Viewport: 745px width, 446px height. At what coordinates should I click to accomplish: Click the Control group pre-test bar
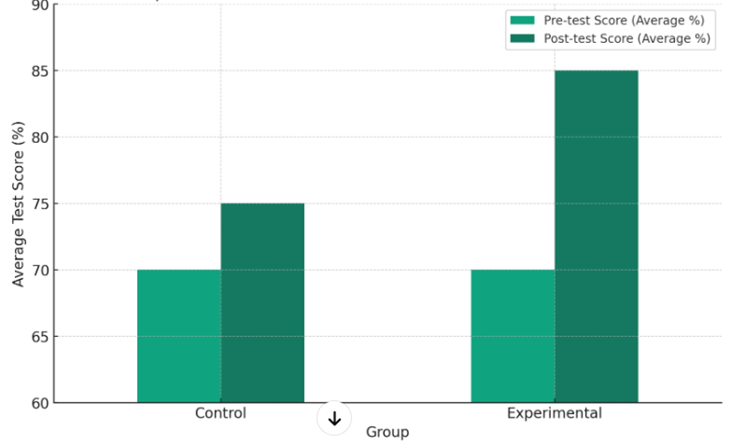tap(178, 336)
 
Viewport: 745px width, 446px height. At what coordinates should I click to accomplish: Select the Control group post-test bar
tap(262, 303)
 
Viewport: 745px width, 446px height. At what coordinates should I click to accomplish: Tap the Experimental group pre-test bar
tap(513, 336)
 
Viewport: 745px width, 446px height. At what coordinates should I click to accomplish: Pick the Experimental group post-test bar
tap(596, 237)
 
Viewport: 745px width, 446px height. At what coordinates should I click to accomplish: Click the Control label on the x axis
tap(220, 413)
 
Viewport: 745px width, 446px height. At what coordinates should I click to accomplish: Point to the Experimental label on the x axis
tap(555, 413)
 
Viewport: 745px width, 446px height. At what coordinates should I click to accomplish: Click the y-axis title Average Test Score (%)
tap(19, 203)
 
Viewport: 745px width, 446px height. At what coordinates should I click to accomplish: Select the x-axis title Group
tap(387, 432)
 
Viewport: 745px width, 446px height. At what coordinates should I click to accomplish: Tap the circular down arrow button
tap(334, 418)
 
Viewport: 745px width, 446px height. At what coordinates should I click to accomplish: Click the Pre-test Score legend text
tap(624, 21)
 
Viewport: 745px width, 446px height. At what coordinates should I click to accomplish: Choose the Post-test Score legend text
tap(626, 38)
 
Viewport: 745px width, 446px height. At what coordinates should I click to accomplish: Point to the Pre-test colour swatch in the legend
tap(522, 21)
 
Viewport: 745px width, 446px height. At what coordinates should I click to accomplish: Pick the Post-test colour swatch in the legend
tap(522, 38)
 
